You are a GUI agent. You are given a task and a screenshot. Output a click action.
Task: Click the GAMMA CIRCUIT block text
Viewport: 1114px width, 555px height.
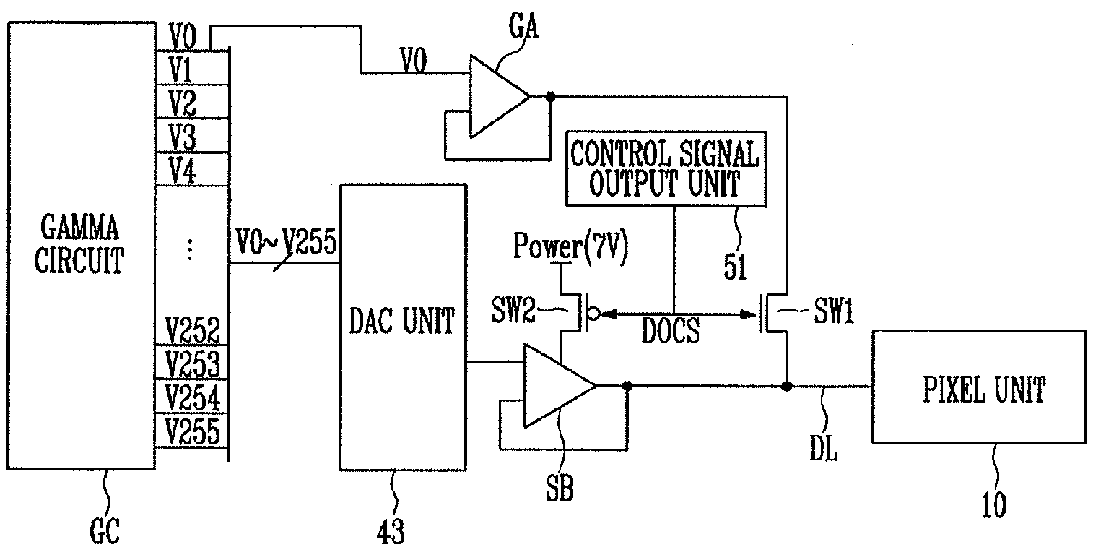point(79,244)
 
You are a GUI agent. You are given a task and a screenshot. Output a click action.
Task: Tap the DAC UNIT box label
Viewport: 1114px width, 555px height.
point(402,321)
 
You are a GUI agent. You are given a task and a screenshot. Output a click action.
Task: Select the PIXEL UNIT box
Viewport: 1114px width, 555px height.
point(979,387)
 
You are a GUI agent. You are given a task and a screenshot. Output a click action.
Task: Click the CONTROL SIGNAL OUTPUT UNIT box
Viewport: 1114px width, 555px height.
point(666,168)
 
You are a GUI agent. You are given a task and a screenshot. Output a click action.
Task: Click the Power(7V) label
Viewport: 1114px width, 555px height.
point(571,246)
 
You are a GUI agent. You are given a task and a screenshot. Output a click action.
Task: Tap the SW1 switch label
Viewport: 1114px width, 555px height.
point(833,311)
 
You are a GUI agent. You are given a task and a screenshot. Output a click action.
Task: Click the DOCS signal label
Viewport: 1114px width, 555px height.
point(671,330)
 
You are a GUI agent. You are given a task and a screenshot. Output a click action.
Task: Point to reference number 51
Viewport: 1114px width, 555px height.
point(735,267)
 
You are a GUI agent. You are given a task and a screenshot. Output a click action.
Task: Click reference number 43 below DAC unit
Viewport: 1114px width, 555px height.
point(391,532)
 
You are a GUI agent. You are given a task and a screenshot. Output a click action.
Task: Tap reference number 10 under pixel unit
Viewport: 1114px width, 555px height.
point(994,505)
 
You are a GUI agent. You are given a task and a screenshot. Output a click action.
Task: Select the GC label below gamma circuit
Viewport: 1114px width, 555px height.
point(105,531)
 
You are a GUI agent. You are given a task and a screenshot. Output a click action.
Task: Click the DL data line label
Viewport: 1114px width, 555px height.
point(824,448)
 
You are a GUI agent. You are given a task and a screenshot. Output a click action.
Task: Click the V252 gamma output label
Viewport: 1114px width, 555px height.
point(193,330)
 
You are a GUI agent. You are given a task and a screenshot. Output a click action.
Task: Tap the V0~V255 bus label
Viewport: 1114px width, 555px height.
point(286,242)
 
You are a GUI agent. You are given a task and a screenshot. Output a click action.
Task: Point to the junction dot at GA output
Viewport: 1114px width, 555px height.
point(550,97)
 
